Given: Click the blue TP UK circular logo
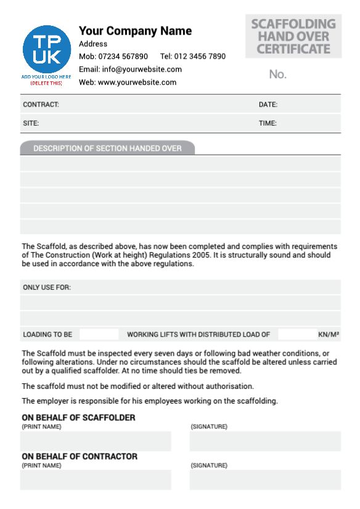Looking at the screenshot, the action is (x=46, y=49).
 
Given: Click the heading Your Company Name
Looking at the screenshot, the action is (x=135, y=31).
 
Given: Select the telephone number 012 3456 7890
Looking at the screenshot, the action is (x=201, y=57).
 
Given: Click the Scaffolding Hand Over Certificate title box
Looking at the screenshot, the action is (x=293, y=36).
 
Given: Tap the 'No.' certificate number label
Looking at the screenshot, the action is (x=278, y=75).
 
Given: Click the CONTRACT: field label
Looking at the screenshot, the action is (x=41, y=105).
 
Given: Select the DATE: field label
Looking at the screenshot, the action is (x=268, y=105).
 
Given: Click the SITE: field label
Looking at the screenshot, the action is (x=31, y=123).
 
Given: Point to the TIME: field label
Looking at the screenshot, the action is (x=268, y=123).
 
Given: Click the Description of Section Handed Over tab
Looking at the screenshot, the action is (x=107, y=148).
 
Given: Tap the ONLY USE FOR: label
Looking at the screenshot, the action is (x=47, y=287).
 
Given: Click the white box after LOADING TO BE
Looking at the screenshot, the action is (x=99, y=335).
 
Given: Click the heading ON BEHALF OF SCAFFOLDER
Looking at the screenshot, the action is (x=78, y=418).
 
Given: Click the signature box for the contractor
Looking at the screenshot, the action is (x=265, y=479).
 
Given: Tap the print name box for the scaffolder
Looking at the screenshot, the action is (x=96, y=441).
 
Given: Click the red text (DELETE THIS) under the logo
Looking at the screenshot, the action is (x=46, y=83).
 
